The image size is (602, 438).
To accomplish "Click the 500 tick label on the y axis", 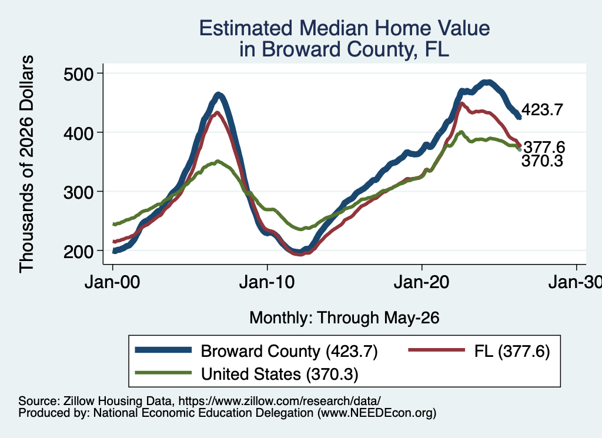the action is [78, 73].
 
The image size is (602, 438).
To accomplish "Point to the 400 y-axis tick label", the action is [78, 133].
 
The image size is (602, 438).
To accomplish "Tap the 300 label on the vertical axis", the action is [78, 192].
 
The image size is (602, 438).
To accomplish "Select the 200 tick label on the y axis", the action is [78, 251].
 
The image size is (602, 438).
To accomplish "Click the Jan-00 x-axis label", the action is [112, 282].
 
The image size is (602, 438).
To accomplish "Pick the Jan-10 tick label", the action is [267, 282].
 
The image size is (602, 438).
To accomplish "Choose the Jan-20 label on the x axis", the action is [422, 282].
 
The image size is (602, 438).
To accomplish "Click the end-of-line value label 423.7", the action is [542, 110].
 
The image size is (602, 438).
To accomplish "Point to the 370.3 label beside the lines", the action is [542, 161].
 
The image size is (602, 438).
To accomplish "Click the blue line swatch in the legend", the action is [163, 350].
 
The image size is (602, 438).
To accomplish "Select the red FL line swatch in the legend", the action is [437, 350].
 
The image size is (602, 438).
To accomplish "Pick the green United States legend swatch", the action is [163, 373].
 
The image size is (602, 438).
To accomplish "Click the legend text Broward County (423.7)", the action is [289, 351].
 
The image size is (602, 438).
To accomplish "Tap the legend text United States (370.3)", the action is [279, 375].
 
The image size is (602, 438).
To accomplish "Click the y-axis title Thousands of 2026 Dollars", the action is [26, 164].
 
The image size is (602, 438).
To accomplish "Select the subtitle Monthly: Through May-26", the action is [345, 318].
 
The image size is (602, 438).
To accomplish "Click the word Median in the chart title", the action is [333, 28].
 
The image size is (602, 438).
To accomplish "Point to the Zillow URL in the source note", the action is [279, 401].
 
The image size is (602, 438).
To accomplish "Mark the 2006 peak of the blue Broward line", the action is [218, 95].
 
